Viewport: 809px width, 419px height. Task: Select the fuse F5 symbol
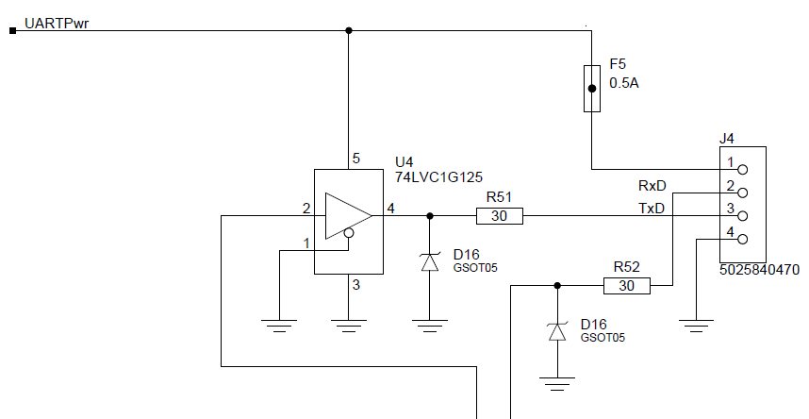[x=592, y=90]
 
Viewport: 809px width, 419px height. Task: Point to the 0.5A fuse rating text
[x=623, y=83]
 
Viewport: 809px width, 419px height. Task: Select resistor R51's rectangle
[x=500, y=216]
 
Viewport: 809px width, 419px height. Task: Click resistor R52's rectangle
[x=627, y=285]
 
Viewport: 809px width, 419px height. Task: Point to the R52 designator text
[x=627, y=267]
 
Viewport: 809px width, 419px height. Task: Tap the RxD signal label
[x=652, y=186]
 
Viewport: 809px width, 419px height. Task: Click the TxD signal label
[x=652, y=208]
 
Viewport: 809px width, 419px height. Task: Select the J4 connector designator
[x=727, y=138]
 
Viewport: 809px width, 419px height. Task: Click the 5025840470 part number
[x=759, y=269]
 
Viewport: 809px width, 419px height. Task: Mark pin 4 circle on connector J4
[x=742, y=240]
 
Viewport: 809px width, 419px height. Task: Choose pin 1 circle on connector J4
[x=742, y=170]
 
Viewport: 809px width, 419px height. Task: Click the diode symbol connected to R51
[x=430, y=262]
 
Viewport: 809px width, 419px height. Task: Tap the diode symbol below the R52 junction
[x=557, y=331]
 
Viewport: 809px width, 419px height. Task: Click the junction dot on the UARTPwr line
[x=349, y=31]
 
